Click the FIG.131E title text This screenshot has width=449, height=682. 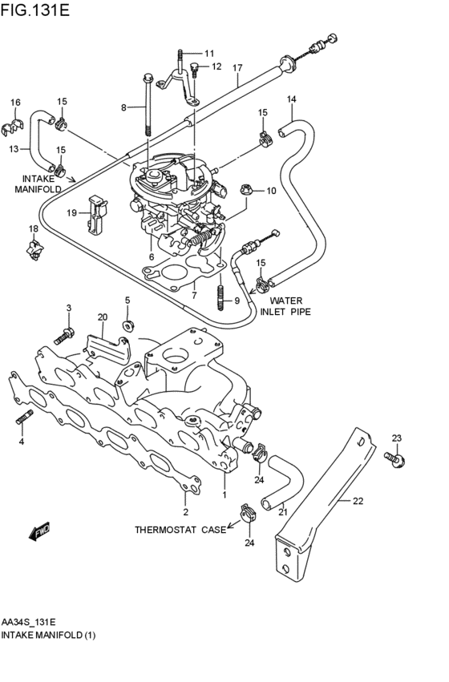click(34, 10)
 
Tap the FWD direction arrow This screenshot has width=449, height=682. click(39, 531)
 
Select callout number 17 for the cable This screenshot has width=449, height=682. click(237, 68)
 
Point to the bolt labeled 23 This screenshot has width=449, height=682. click(394, 459)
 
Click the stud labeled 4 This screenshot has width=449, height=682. click(23, 418)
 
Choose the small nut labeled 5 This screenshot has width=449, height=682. click(127, 325)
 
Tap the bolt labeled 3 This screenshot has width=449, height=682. click(64, 336)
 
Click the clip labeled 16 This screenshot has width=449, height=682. click(12, 125)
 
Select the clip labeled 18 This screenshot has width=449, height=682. click(34, 250)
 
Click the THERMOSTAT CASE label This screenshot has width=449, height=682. click(180, 530)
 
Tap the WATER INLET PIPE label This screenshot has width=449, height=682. click(285, 306)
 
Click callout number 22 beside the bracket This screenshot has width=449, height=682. click(358, 501)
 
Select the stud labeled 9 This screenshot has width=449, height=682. click(220, 297)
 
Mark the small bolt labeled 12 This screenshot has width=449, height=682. click(194, 70)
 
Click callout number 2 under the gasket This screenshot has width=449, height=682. click(186, 512)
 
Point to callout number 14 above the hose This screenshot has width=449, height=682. click(292, 99)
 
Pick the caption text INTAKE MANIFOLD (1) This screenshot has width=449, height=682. click(48, 635)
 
